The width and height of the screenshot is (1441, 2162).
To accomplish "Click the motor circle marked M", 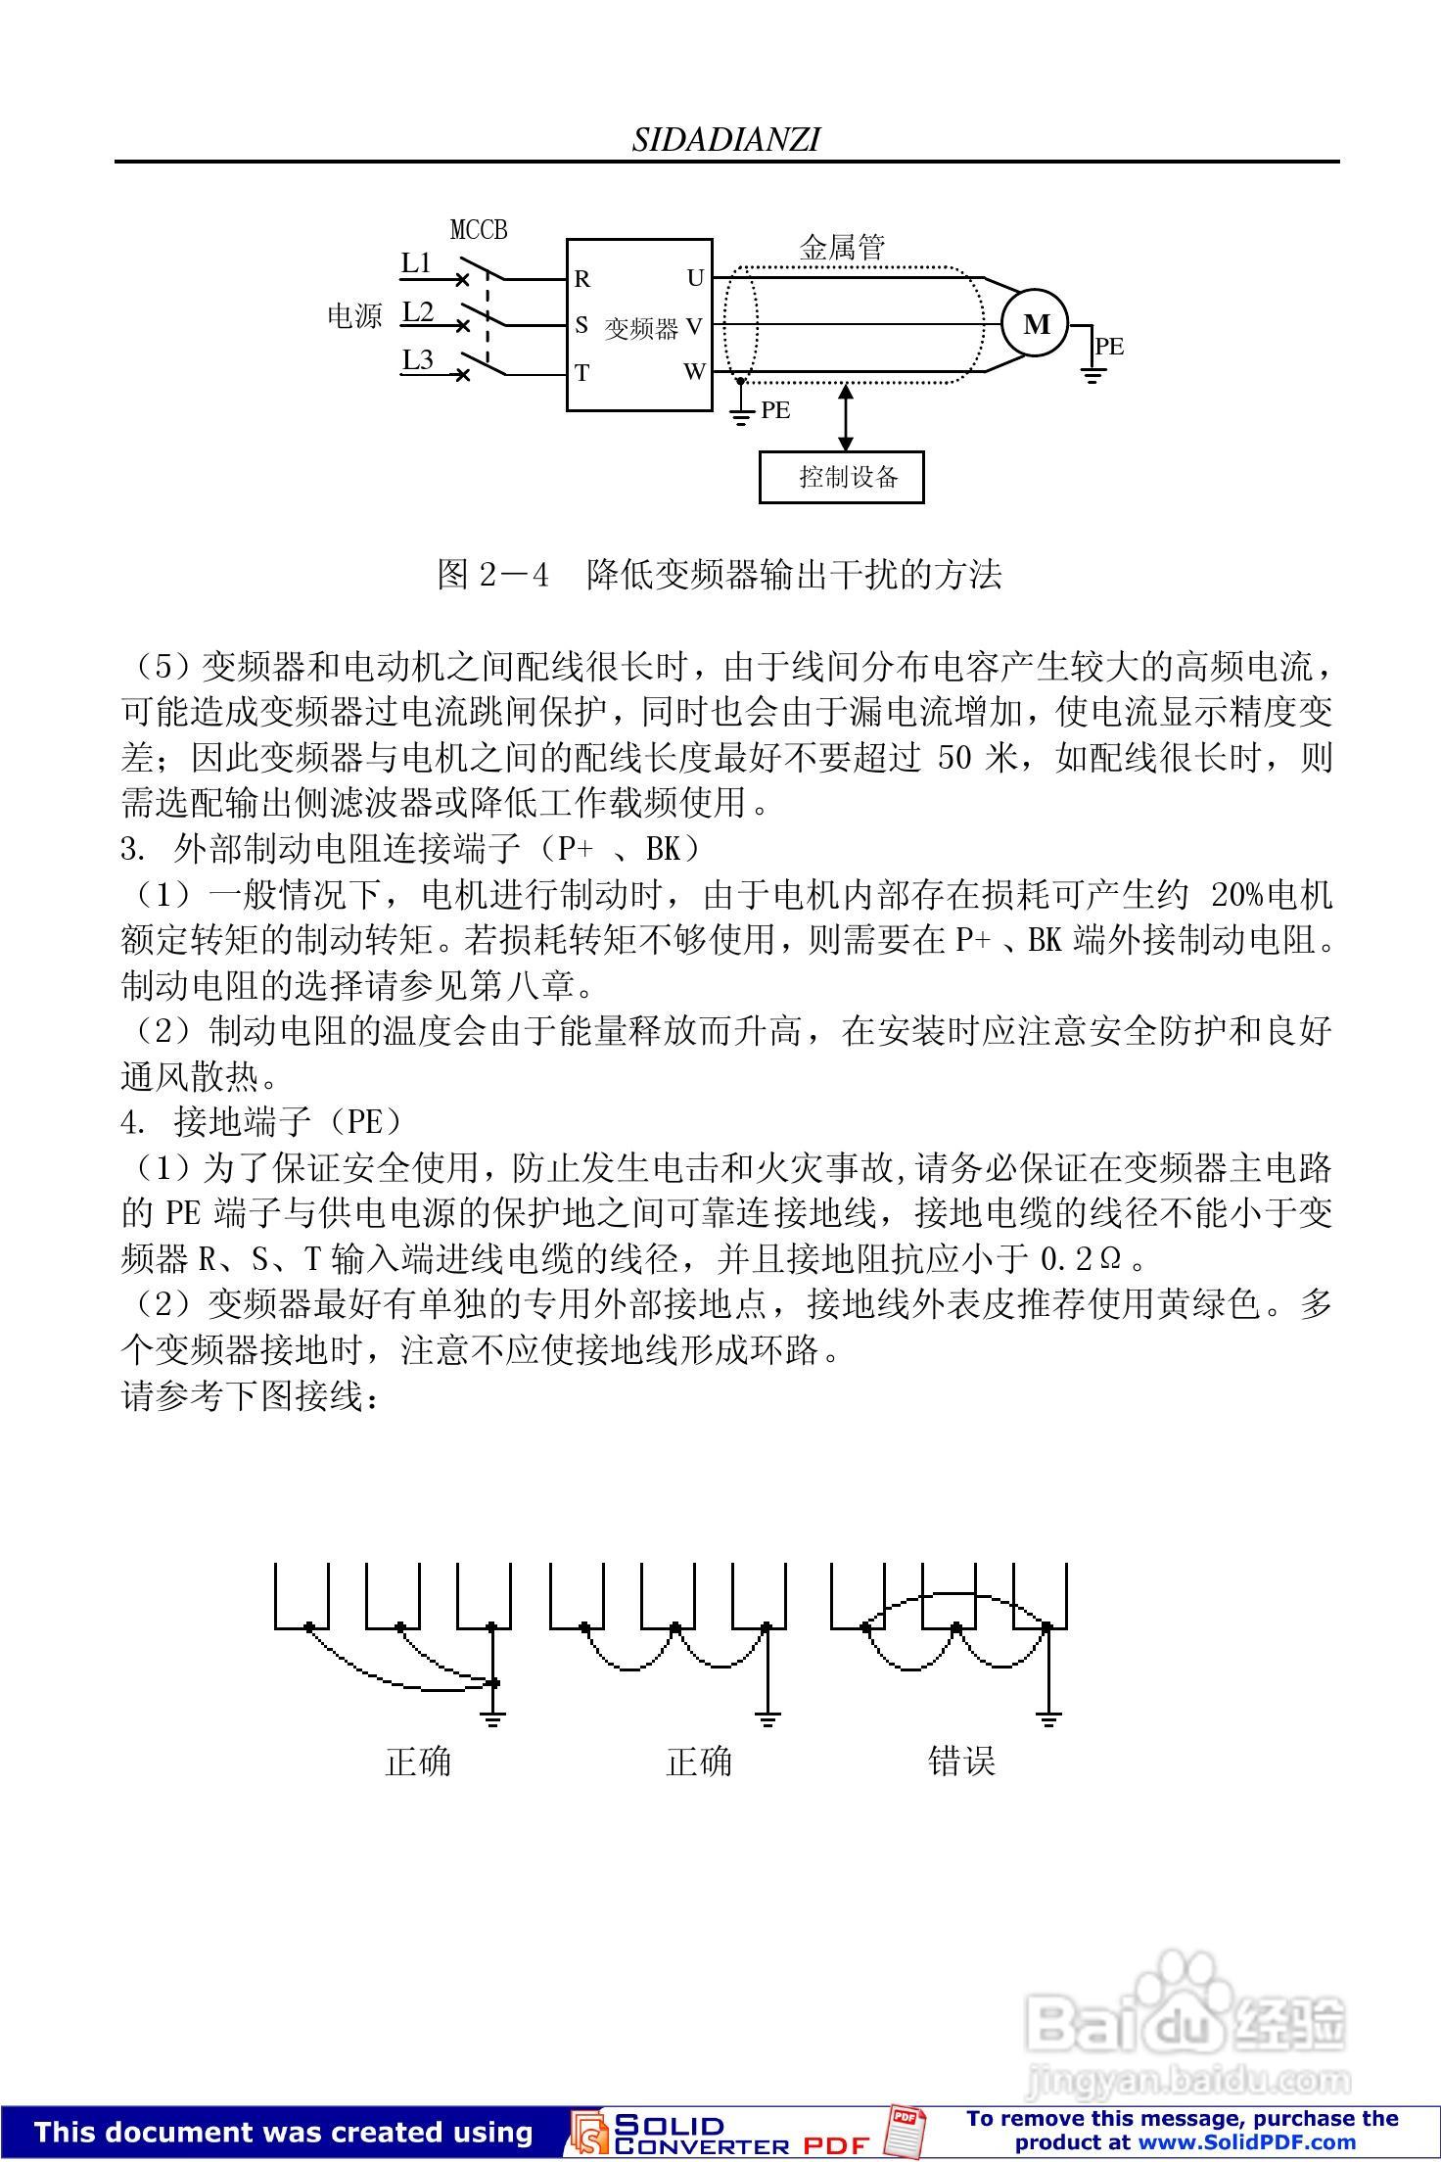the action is [x=1035, y=324].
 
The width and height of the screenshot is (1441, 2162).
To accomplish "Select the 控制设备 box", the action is [x=842, y=477].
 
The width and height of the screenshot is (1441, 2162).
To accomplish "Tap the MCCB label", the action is [x=479, y=230].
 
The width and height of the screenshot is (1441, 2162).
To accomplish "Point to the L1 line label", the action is [x=417, y=262].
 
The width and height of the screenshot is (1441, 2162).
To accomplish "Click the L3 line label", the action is [x=418, y=359].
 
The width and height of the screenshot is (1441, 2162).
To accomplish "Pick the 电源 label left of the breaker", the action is [x=353, y=316].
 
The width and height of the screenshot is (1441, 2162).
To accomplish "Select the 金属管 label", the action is [x=842, y=248].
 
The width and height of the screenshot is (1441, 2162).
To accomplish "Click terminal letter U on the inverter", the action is [x=695, y=278].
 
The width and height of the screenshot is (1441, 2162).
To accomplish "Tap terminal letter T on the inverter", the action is [x=582, y=373].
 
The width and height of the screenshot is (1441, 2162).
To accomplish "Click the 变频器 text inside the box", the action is [x=641, y=328].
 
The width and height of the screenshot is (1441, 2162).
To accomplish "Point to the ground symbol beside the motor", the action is [x=1092, y=371].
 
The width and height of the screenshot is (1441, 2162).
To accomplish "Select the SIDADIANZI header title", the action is [x=725, y=140].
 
